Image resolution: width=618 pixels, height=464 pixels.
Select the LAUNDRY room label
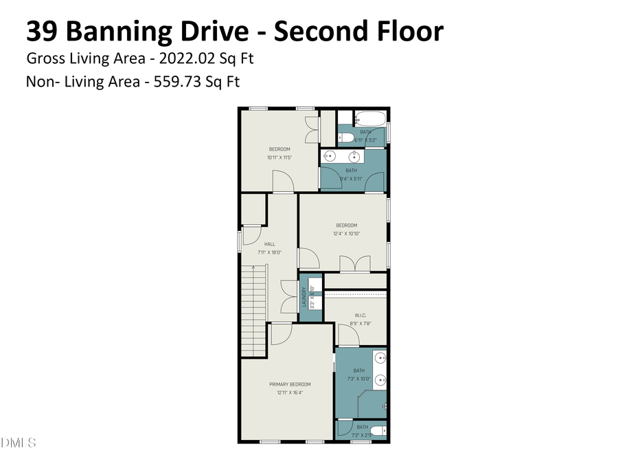[x=303, y=297]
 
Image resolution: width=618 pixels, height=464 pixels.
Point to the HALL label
[x=269, y=244]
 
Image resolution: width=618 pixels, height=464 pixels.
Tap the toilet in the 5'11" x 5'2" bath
[x=347, y=139]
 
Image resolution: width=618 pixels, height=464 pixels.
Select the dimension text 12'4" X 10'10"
[x=346, y=234]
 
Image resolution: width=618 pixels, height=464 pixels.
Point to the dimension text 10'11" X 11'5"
[x=279, y=157]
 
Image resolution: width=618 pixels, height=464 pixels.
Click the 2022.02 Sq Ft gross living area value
[x=206, y=58]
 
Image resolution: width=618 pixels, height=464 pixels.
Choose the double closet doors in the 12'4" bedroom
[x=356, y=264]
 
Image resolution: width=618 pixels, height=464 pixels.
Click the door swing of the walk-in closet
[x=347, y=335]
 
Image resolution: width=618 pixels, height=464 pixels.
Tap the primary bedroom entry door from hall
[x=282, y=334]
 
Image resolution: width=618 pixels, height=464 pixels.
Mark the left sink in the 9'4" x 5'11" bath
[x=328, y=156]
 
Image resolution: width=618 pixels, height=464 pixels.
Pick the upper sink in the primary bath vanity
[x=380, y=357]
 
